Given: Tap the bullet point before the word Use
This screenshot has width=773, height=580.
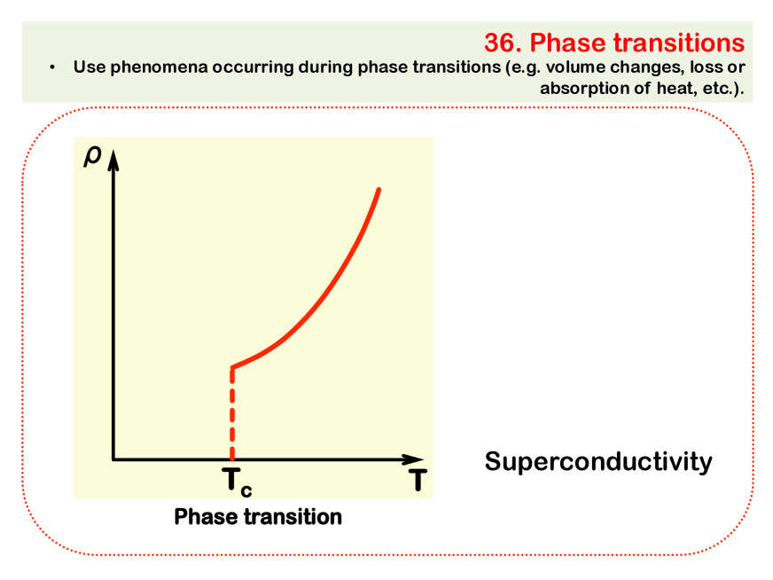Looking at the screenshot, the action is (x=51, y=67).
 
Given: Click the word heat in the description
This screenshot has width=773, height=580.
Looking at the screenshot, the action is (x=675, y=88).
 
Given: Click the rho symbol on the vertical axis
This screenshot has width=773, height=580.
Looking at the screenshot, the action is (x=93, y=156).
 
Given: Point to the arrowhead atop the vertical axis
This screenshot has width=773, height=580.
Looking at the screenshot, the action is (x=113, y=161).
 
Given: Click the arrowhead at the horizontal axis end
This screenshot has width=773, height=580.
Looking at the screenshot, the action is (x=413, y=459).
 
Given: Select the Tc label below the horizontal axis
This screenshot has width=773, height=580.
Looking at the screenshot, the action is (x=237, y=482).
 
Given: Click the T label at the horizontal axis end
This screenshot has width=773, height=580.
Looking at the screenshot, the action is (x=417, y=480).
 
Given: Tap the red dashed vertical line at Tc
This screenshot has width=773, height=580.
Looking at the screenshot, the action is (x=232, y=414).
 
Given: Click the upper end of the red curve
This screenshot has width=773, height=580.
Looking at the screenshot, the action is (x=379, y=190).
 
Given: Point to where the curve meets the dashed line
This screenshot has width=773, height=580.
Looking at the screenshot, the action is (x=232, y=368).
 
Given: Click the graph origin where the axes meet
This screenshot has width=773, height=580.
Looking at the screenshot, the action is (x=113, y=459).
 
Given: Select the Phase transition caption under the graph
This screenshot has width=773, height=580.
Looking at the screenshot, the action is (x=258, y=517).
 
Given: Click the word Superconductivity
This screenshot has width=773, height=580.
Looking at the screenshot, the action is (x=598, y=462).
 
